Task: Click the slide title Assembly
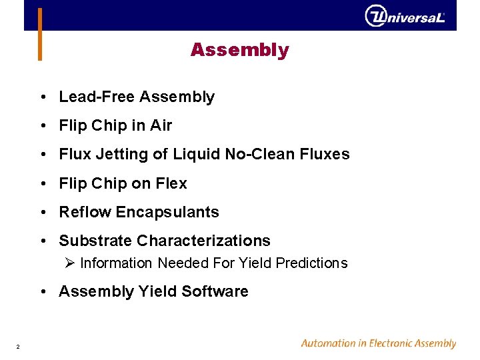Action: click(x=239, y=50)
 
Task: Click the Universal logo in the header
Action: click(x=405, y=16)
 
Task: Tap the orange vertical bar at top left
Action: click(x=40, y=34)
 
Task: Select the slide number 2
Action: click(x=18, y=347)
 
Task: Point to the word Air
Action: click(x=161, y=125)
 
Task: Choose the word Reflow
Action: click(x=85, y=212)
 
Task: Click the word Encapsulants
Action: click(x=167, y=213)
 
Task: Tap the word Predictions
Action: click(x=311, y=263)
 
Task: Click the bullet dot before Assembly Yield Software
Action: click(x=43, y=292)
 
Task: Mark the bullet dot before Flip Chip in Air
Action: click(x=43, y=126)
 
